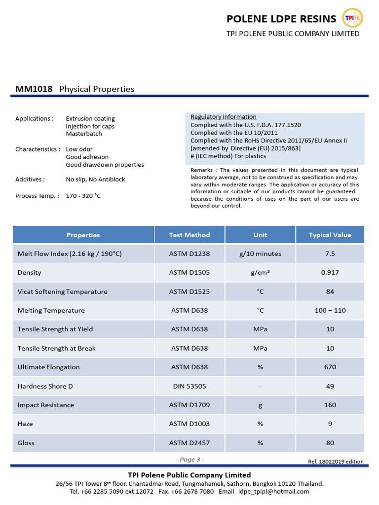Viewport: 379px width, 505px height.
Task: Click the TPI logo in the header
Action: pyautogui.click(x=352, y=18)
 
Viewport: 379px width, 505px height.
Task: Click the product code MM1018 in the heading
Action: pyautogui.click(x=34, y=89)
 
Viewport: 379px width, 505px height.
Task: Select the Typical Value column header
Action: pyautogui.click(x=330, y=235)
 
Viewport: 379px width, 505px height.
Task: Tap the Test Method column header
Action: pyautogui.click(x=189, y=235)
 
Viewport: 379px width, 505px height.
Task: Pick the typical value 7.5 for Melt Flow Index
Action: pyautogui.click(x=330, y=253)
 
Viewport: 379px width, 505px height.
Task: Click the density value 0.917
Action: pyautogui.click(x=330, y=273)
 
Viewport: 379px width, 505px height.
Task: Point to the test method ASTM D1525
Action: pyautogui.click(x=189, y=291)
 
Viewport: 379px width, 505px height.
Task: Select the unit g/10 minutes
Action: pyautogui.click(x=260, y=253)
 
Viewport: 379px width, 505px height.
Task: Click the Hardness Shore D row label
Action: pyautogui.click(x=45, y=386)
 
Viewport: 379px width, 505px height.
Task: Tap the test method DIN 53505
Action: pyautogui.click(x=189, y=386)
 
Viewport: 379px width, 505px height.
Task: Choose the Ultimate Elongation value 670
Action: pyautogui.click(x=330, y=367)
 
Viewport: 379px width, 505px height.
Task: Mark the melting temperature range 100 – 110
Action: pyautogui.click(x=330, y=310)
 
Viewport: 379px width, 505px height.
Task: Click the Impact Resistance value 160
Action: pyautogui.click(x=330, y=405)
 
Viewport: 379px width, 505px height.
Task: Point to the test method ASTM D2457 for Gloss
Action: pyautogui.click(x=189, y=443)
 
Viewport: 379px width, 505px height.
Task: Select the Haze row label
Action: pyautogui.click(x=26, y=424)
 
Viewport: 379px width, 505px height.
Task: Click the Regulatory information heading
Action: pyautogui.click(x=224, y=117)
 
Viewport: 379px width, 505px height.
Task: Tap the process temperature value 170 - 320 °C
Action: pyautogui.click(x=83, y=196)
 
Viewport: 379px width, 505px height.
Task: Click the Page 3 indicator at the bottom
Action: pyautogui.click(x=189, y=460)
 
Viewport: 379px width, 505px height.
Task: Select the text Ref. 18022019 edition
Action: pyautogui.click(x=336, y=462)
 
